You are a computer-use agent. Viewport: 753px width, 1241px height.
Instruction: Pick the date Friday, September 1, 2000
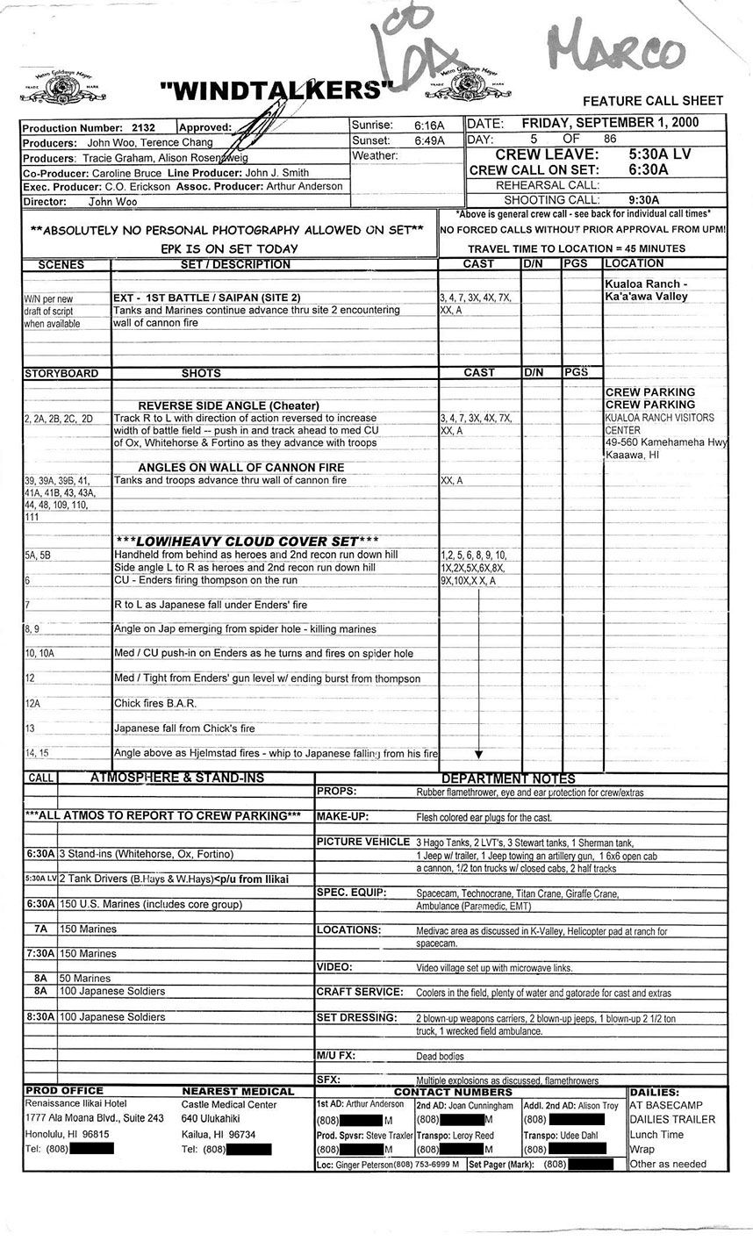tap(623, 123)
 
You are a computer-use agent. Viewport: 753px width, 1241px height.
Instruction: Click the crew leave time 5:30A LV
tap(659, 154)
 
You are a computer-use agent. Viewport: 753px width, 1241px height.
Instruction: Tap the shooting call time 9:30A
tap(649, 200)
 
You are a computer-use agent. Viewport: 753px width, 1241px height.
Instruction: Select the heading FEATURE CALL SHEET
tap(653, 102)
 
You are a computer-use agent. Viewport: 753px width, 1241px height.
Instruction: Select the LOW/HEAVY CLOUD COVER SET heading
tap(247, 542)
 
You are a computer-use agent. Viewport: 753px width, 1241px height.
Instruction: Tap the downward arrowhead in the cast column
tap(478, 754)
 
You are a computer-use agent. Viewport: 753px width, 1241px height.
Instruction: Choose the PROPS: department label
tap(336, 792)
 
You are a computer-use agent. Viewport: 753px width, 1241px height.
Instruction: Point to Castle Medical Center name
tap(229, 1105)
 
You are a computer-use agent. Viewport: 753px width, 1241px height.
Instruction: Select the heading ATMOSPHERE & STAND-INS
tap(176, 778)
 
